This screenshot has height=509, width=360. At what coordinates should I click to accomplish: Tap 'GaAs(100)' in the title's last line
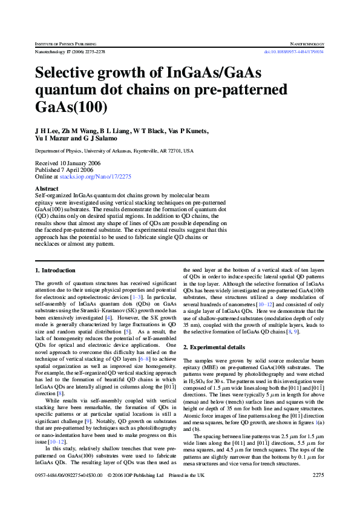pos(71,107)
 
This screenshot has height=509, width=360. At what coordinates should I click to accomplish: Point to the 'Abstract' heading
pos(47,189)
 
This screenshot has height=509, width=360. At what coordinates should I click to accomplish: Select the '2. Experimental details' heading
pos(214,347)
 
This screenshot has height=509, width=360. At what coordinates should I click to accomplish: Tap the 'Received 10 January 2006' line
pos(68,163)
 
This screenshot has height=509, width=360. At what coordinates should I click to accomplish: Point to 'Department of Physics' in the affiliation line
pos(58,151)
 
